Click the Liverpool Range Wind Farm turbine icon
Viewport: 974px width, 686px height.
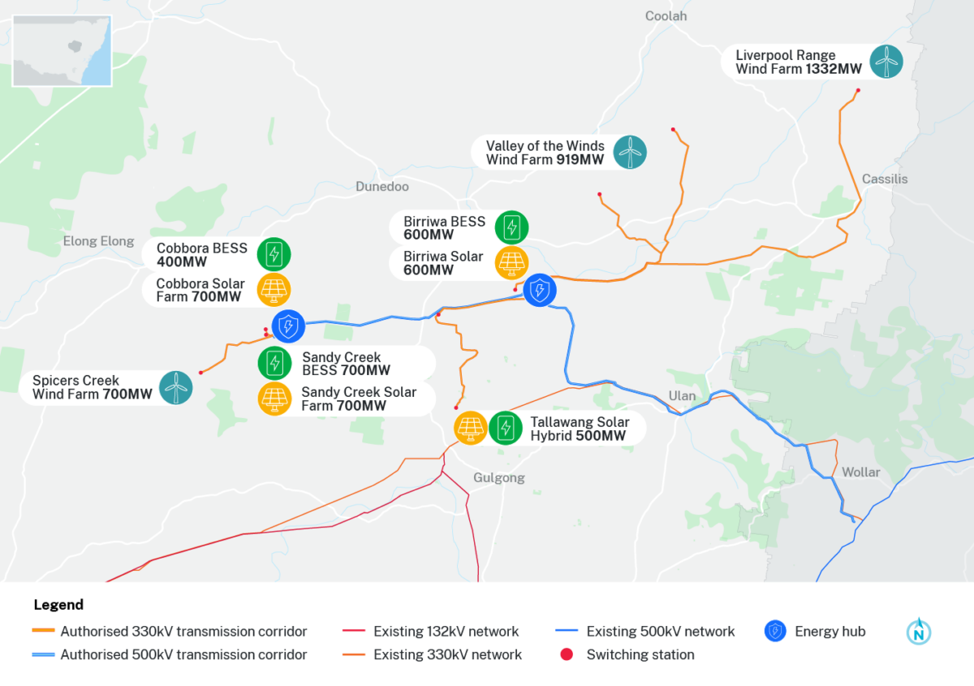tap(886, 62)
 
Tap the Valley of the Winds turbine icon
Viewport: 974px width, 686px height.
tap(630, 152)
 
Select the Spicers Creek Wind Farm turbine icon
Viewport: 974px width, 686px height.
tap(175, 387)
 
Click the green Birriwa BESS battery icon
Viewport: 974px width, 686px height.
tap(511, 227)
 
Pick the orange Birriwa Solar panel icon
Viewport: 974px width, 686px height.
tap(511, 262)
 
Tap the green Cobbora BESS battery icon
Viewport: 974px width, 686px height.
tap(274, 254)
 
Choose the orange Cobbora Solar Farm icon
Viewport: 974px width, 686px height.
tap(274, 289)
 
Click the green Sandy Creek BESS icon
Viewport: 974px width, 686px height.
tap(274, 362)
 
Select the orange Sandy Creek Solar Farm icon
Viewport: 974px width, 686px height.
tap(274, 398)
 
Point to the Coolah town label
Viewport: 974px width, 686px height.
tap(666, 16)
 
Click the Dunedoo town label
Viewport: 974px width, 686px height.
tap(382, 187)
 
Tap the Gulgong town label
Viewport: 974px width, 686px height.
tap(498, 477)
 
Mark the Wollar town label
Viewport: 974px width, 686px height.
tap(860, 472)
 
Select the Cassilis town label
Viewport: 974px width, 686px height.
tap(885, 179)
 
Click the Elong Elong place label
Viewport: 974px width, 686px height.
tap(98, 241)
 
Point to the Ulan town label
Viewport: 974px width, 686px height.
tap(682, 395)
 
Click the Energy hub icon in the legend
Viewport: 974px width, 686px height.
tap(776, 632)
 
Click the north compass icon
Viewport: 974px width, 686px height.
tap(919, 632)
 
